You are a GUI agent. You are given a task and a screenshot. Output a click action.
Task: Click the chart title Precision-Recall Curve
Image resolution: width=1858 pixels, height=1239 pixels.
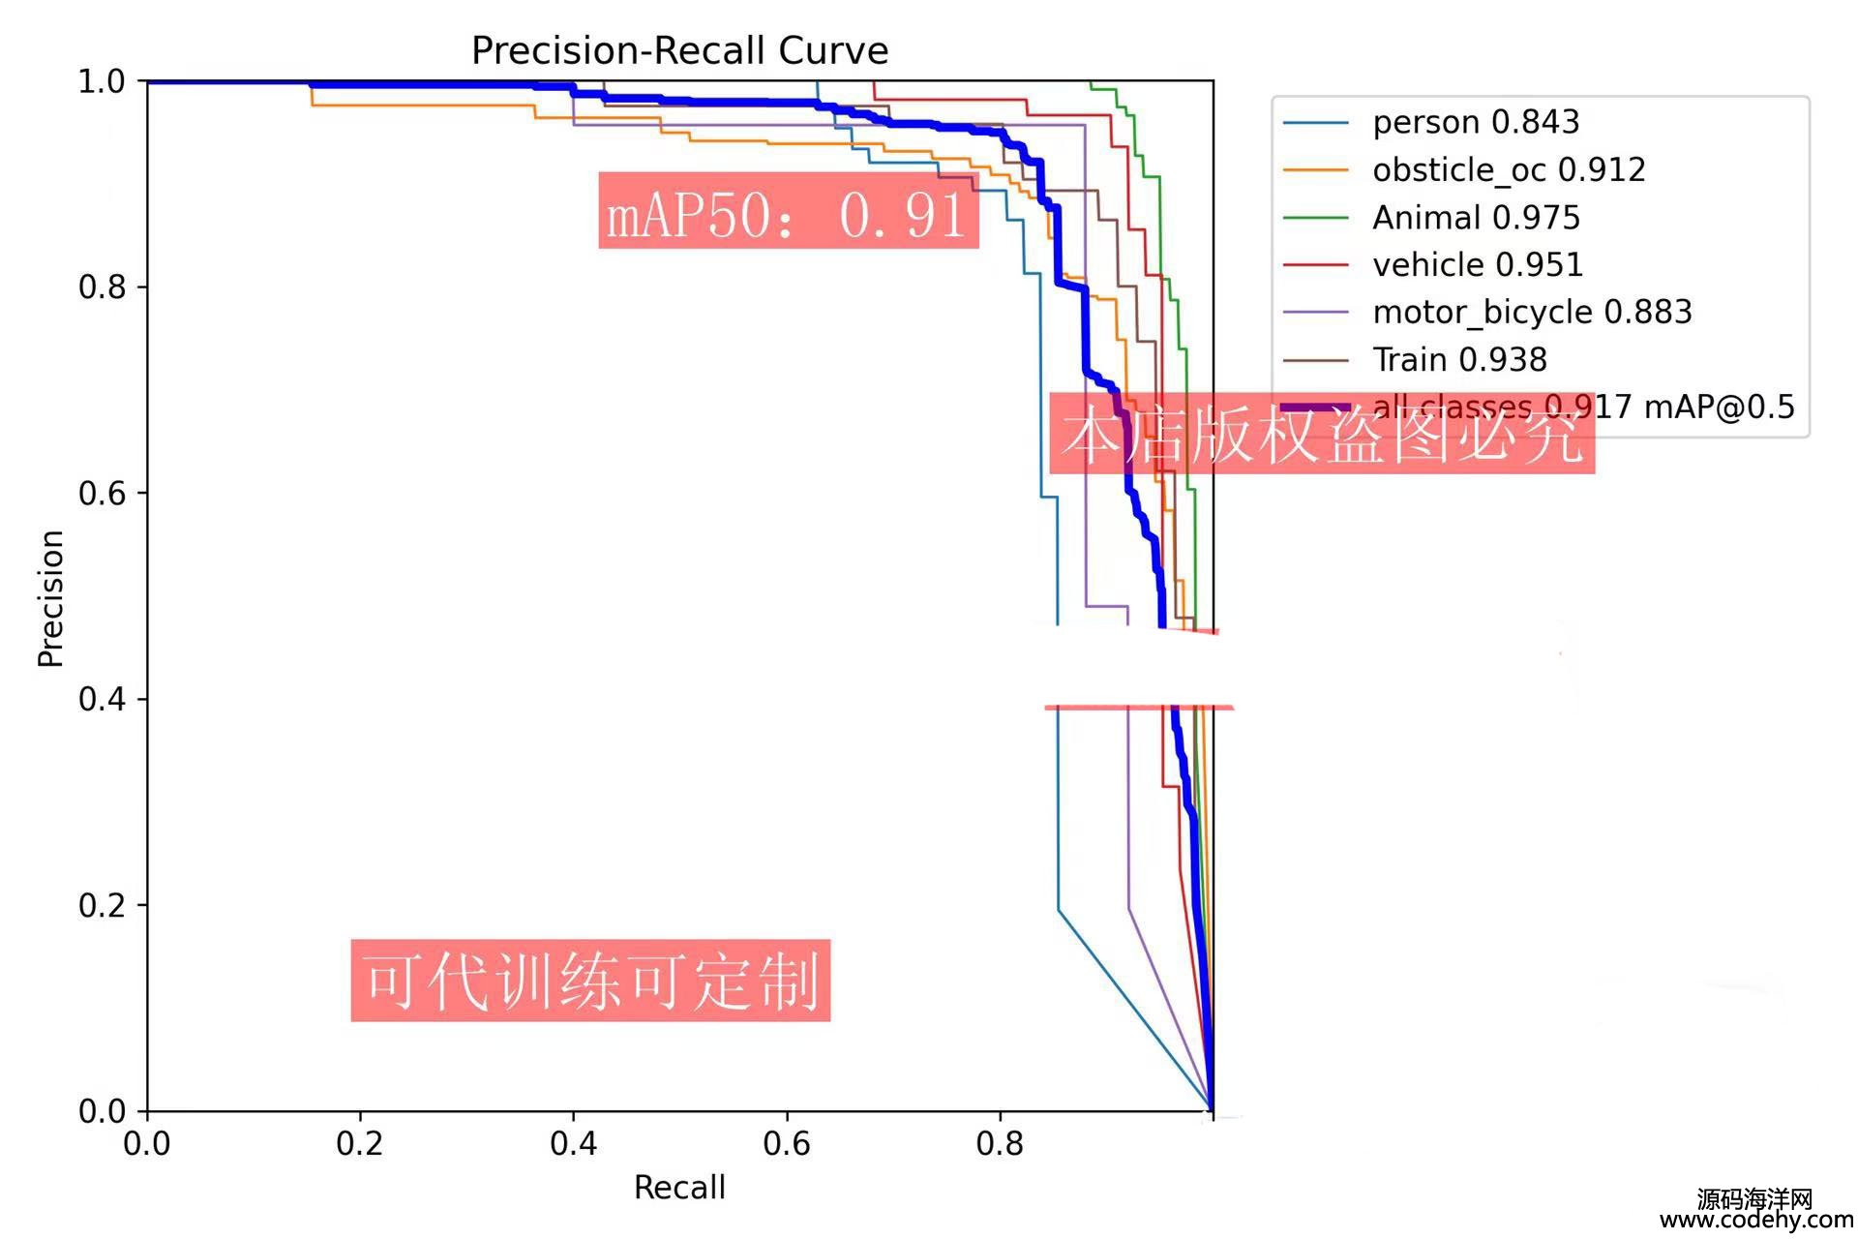click(679, 50)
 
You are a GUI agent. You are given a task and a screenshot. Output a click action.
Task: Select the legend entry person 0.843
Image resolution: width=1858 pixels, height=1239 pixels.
click(1475, 122)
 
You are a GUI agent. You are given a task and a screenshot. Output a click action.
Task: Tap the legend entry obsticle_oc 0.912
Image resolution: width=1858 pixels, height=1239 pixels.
click(1508, 169)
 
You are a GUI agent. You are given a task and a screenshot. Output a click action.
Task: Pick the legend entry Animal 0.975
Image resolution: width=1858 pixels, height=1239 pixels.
click(1476, 217)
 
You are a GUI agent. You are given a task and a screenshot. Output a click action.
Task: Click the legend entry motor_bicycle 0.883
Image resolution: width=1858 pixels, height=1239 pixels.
click(1531, 312)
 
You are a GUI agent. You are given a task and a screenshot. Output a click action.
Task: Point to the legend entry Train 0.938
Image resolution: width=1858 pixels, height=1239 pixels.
click(1459, 359)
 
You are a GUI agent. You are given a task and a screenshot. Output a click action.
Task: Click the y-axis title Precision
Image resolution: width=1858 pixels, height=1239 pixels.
click(50, 598)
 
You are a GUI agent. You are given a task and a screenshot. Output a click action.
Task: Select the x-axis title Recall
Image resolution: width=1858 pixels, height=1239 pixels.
click(679, 1187)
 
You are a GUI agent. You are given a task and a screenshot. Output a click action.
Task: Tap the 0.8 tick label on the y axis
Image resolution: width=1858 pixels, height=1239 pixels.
click(102, 287)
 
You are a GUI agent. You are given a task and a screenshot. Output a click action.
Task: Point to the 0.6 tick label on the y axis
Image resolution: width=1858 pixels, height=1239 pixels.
click(102, 493)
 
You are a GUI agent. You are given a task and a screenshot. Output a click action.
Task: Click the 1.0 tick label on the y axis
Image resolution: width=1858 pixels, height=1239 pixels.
click(102, 81)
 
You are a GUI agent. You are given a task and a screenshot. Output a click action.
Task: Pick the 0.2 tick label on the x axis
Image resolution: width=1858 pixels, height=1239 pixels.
click(360, 1144)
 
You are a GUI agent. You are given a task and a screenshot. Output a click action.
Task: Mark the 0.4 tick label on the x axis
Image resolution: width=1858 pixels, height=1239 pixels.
click(573, 1144)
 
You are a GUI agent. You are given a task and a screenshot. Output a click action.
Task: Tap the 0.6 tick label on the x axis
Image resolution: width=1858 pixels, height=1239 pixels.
click(787, 1144)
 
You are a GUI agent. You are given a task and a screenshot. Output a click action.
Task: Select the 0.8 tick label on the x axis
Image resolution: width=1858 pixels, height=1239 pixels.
click(1000, 1144)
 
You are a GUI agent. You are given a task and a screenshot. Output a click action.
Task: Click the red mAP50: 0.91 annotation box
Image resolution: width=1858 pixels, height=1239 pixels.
click(788, 211)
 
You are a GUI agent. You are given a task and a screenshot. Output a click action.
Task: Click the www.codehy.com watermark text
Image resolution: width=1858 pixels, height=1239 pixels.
click(1756, 1220)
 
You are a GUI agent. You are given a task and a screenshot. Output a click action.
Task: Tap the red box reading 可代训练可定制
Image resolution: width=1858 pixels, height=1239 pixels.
click(590, 980)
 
